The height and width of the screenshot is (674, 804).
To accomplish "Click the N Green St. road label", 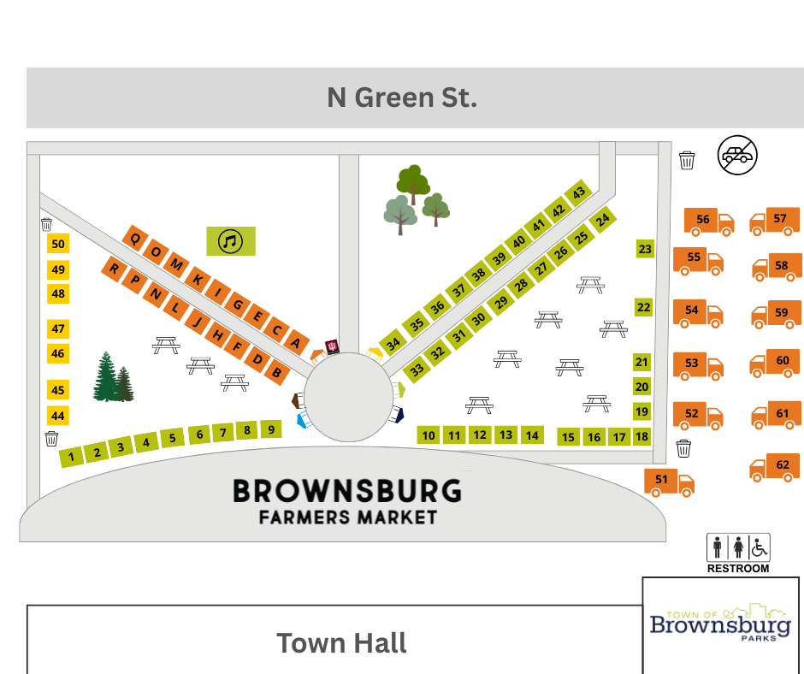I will [x=401, y=98].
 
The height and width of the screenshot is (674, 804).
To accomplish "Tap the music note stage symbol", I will [x=231, y=241].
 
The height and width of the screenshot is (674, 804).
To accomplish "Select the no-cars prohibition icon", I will [x=737, y=156].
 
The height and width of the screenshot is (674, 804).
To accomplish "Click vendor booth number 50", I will [x=58, y=244].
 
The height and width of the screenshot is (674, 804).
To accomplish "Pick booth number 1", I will [x=72, y=456].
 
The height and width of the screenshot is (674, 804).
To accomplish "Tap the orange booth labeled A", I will [x=296, y=342].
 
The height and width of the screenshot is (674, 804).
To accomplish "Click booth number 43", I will [x=580, y=193].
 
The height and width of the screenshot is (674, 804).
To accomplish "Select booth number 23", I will [x=645, y=250].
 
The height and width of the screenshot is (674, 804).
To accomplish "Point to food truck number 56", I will [x=708, y=222].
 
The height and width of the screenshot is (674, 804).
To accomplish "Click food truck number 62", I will [x=775, y=466].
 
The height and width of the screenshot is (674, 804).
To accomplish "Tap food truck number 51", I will [x=668, y=482].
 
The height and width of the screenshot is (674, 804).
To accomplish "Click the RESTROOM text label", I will [x=737, y=568].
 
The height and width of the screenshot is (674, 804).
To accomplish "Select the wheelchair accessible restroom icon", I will [x=760, y=546].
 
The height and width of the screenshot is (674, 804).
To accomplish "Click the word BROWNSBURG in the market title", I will [x=347, y=491].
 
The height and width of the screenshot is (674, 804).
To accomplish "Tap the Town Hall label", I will [x=341, y=642].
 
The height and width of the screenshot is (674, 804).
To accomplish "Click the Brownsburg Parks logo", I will [x=720, y=625].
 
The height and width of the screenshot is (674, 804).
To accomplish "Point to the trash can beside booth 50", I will [x=46, y=224].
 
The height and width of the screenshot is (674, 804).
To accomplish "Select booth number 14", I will [x=532, y=435].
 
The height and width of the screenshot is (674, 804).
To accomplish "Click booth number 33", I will [x=417, y=370].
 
